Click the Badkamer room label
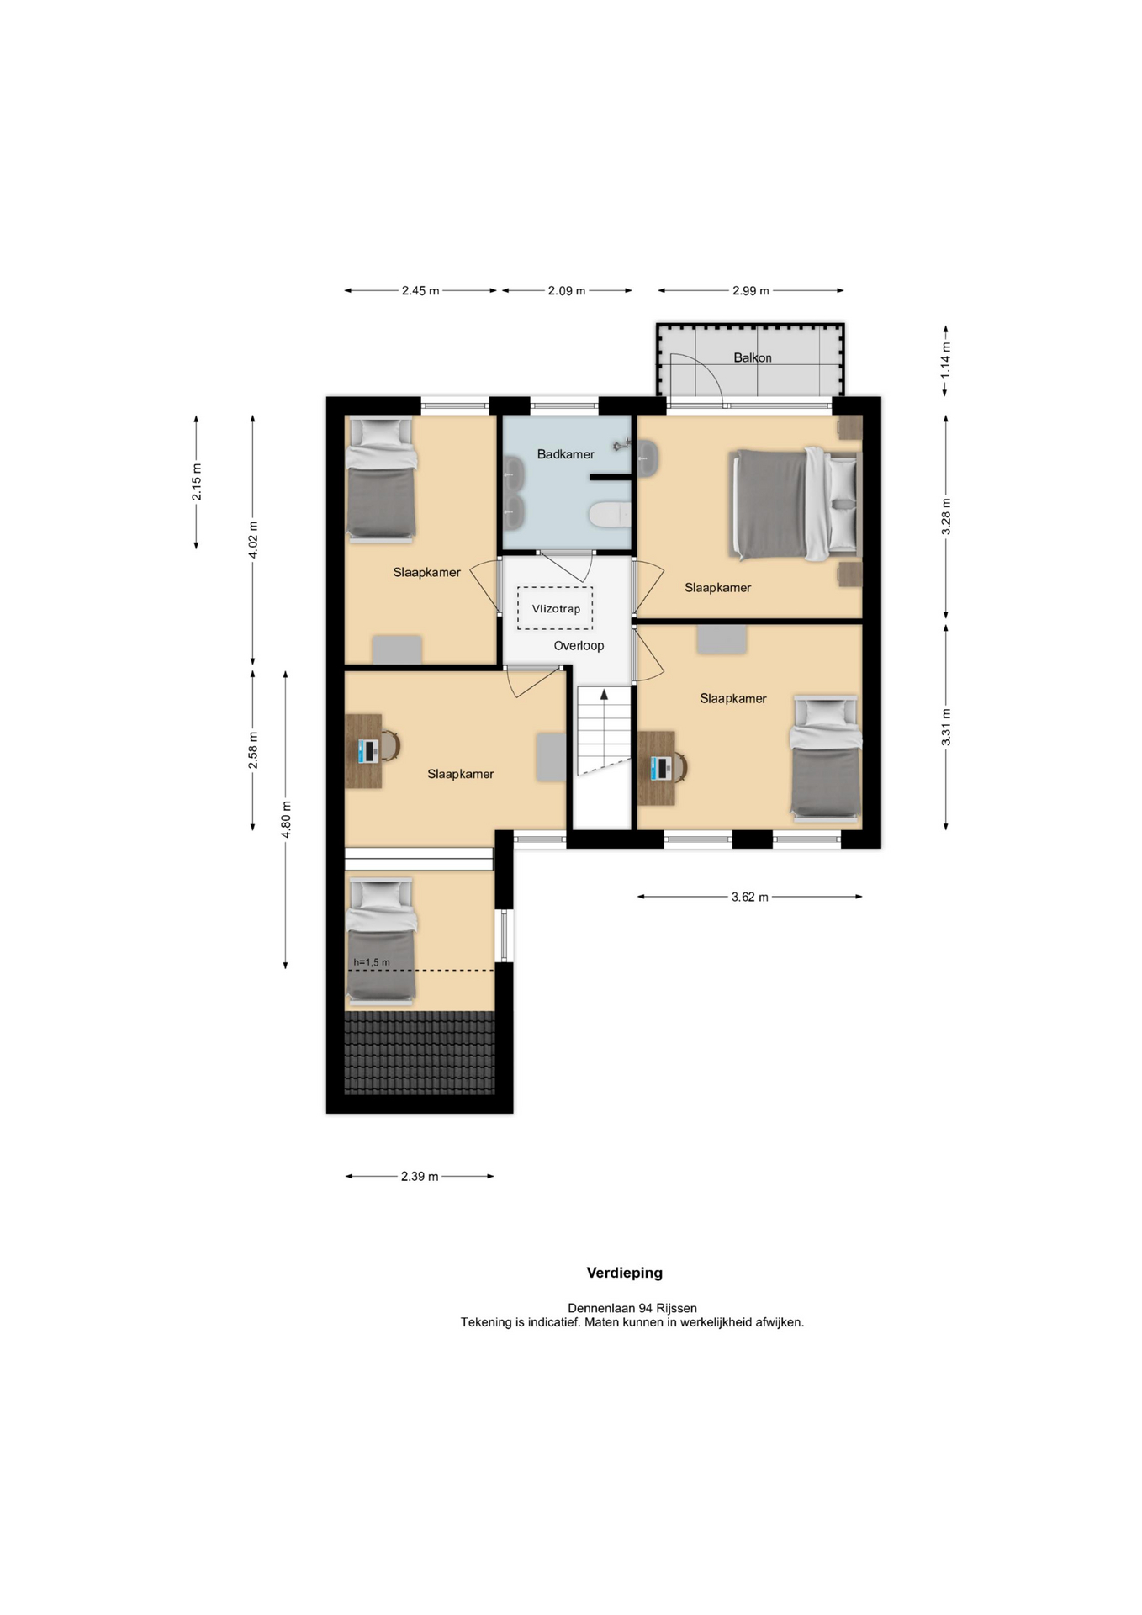[565, 454]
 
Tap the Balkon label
[752, 357]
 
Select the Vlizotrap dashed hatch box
[555, 608]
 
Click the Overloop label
[579, 646]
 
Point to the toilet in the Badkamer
[610, 514]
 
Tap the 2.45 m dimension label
[420, 291]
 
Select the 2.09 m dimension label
[566, 291]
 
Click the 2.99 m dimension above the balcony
[750, 291]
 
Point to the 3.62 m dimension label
[749, 897]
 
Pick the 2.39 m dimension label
[420, 1176]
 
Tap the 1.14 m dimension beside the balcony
[945, 358]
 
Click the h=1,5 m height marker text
[372, 962]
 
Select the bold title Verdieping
[624, 1273]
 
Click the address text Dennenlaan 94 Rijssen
[632, 1308]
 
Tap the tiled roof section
[419, 1052]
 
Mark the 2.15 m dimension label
[196, 482]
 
